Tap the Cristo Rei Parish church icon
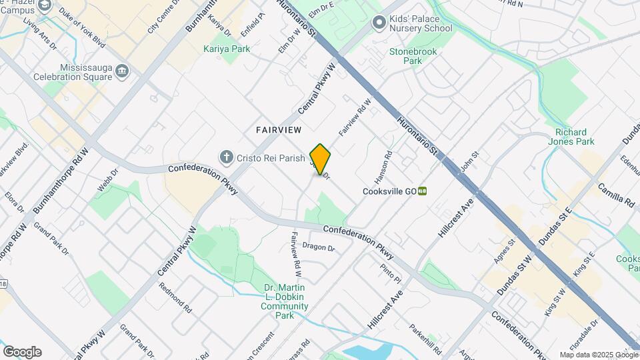(227, 157)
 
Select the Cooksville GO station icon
(423, 191)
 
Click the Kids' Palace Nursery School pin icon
(379, 23)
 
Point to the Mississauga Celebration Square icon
(121, 71)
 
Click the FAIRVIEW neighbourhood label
(279, 130)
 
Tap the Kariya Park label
(227, 49)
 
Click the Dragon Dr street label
(318, 247)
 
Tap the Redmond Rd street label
(175, 298)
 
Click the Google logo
(22, 352)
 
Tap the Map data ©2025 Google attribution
(599, 355)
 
